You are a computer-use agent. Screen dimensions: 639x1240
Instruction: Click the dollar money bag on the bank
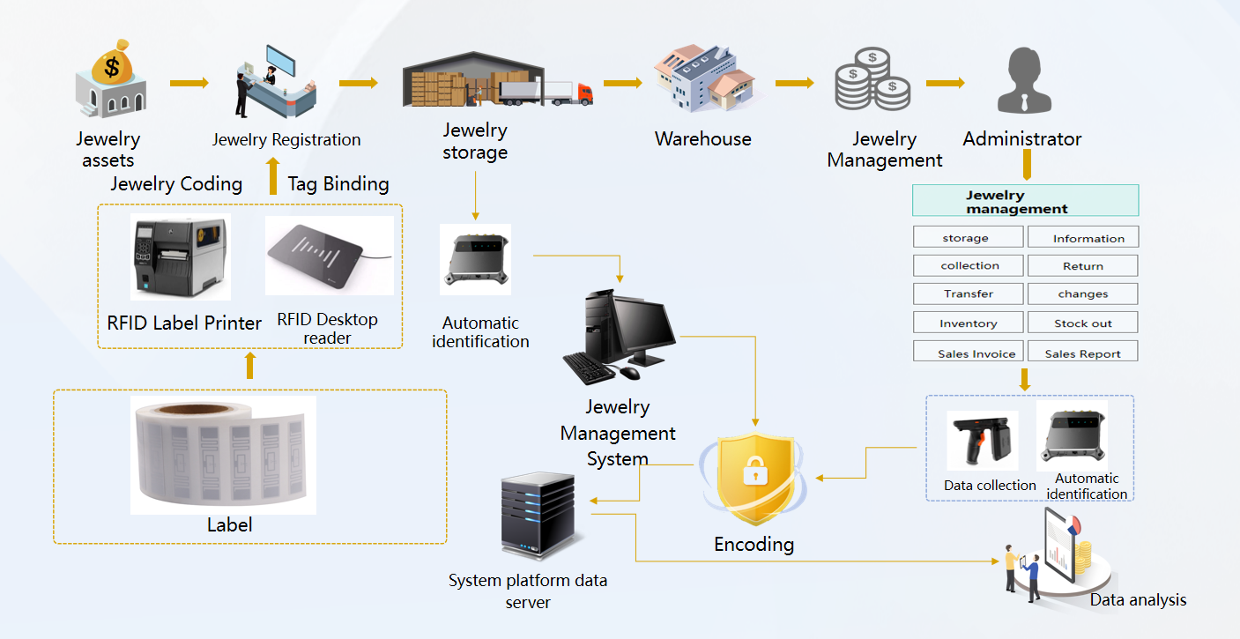(112, 62)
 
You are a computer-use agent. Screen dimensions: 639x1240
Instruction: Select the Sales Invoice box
(969, 352)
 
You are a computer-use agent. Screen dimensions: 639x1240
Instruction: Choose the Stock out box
(1083, 323)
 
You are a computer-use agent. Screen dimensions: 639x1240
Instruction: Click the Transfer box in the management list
(969, 293)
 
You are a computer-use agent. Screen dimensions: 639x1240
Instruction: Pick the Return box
(1083, 265)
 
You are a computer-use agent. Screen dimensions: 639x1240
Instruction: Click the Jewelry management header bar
(1025, 201)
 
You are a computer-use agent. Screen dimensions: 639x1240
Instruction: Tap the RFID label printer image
(180, 256)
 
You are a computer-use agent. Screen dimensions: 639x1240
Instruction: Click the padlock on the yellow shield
(751, 474)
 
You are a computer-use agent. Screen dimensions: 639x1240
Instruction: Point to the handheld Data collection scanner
(980, 440)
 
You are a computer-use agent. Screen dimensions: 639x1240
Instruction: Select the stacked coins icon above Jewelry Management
(872, 79)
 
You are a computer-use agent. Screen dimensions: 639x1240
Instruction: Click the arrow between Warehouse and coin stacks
(793, 84)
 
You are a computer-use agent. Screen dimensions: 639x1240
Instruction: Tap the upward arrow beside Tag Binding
(272, 176)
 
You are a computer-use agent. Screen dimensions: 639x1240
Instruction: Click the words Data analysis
(1138, 600)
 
